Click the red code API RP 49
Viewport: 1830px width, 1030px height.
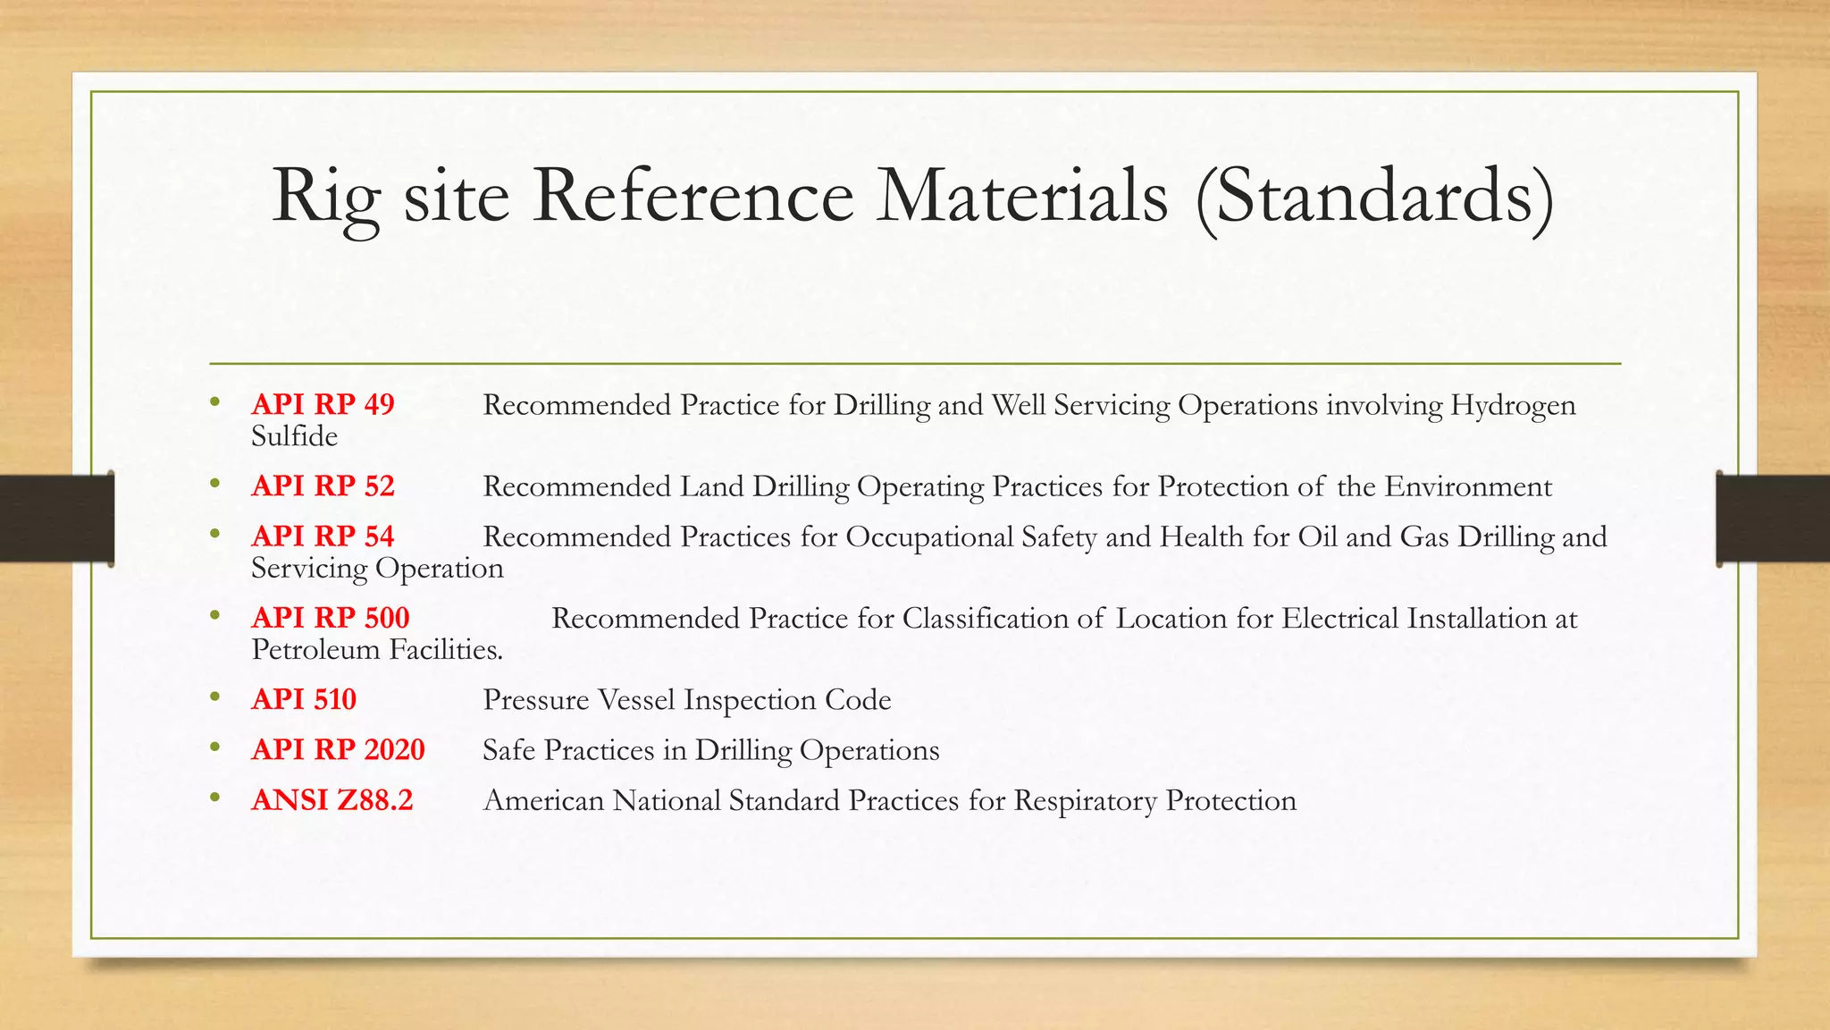(323, 405)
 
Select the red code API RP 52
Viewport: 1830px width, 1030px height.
(323, 486)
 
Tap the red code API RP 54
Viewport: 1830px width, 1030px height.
(323, 536)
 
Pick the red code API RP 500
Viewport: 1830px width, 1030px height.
(331, 618)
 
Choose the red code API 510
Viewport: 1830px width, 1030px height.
(304, 699)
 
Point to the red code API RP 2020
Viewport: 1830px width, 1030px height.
(338, 749)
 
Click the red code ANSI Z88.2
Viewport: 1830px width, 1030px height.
(332, 800)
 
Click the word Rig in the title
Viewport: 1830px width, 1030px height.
(325, 198)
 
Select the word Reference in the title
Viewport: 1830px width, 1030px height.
(693, 196)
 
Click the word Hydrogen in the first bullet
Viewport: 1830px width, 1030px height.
(1513, 407)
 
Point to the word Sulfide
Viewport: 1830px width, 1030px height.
(294, 436)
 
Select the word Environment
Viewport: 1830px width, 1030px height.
(1468, 486)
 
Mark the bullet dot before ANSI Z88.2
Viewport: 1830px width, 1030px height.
(214, 798)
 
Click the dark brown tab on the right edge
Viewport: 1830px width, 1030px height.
(1773, 519)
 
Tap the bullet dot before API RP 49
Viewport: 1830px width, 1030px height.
(214, 402)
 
